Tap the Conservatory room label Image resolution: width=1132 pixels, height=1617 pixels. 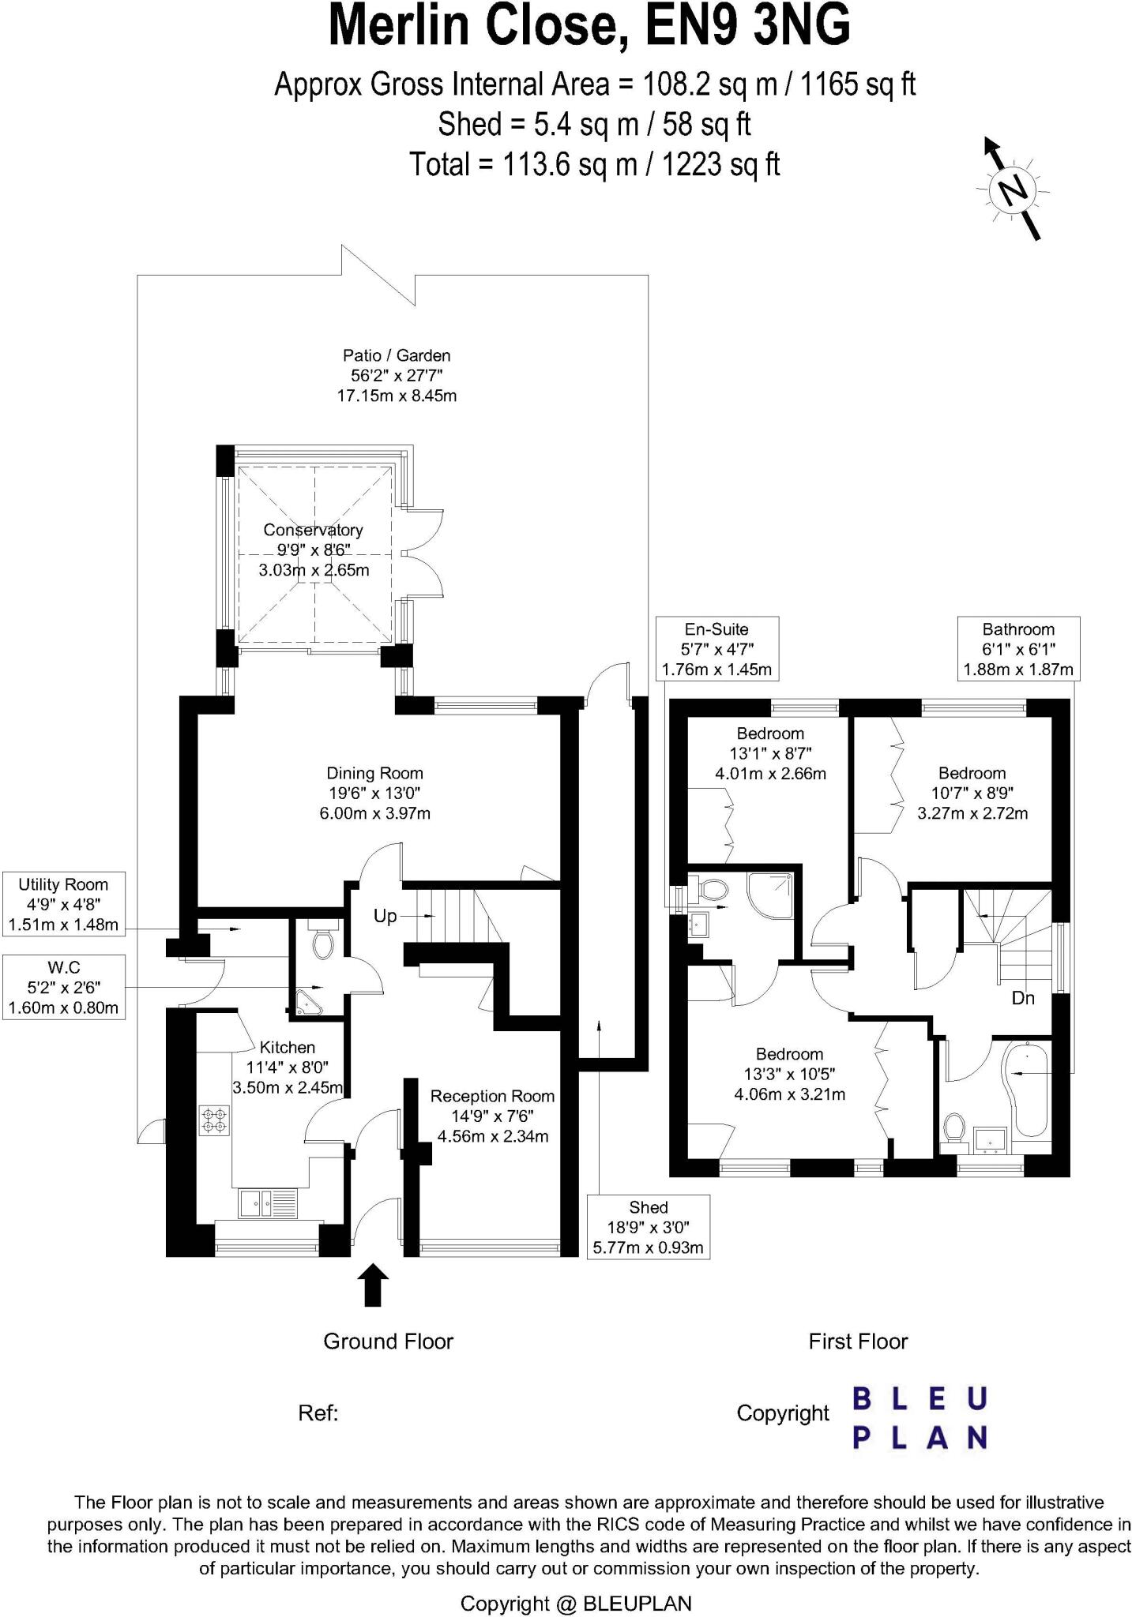click(314, 550)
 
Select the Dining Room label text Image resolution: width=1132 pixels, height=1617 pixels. click(375, 793)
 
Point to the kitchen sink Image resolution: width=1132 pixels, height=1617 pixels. click(269, 1204)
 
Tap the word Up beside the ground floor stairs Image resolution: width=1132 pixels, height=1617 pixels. click(385, 917)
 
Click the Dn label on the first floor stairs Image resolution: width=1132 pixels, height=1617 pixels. click(1023, 998)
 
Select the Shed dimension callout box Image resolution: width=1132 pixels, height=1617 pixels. click(648, 1227)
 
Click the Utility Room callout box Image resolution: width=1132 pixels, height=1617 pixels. click(63, 904)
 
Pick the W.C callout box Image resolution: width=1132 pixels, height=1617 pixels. click(63, 987)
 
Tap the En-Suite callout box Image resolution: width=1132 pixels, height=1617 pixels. click(716, 649)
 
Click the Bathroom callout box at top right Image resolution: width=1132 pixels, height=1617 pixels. click(1018, 649)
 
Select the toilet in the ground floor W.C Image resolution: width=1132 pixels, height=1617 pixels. click(322, 942)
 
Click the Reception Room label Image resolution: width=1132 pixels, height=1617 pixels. click(492, 1116)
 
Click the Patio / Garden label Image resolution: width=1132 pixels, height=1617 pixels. click(397, 375)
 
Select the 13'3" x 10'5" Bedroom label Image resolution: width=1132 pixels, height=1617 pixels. click(789, 1074)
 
